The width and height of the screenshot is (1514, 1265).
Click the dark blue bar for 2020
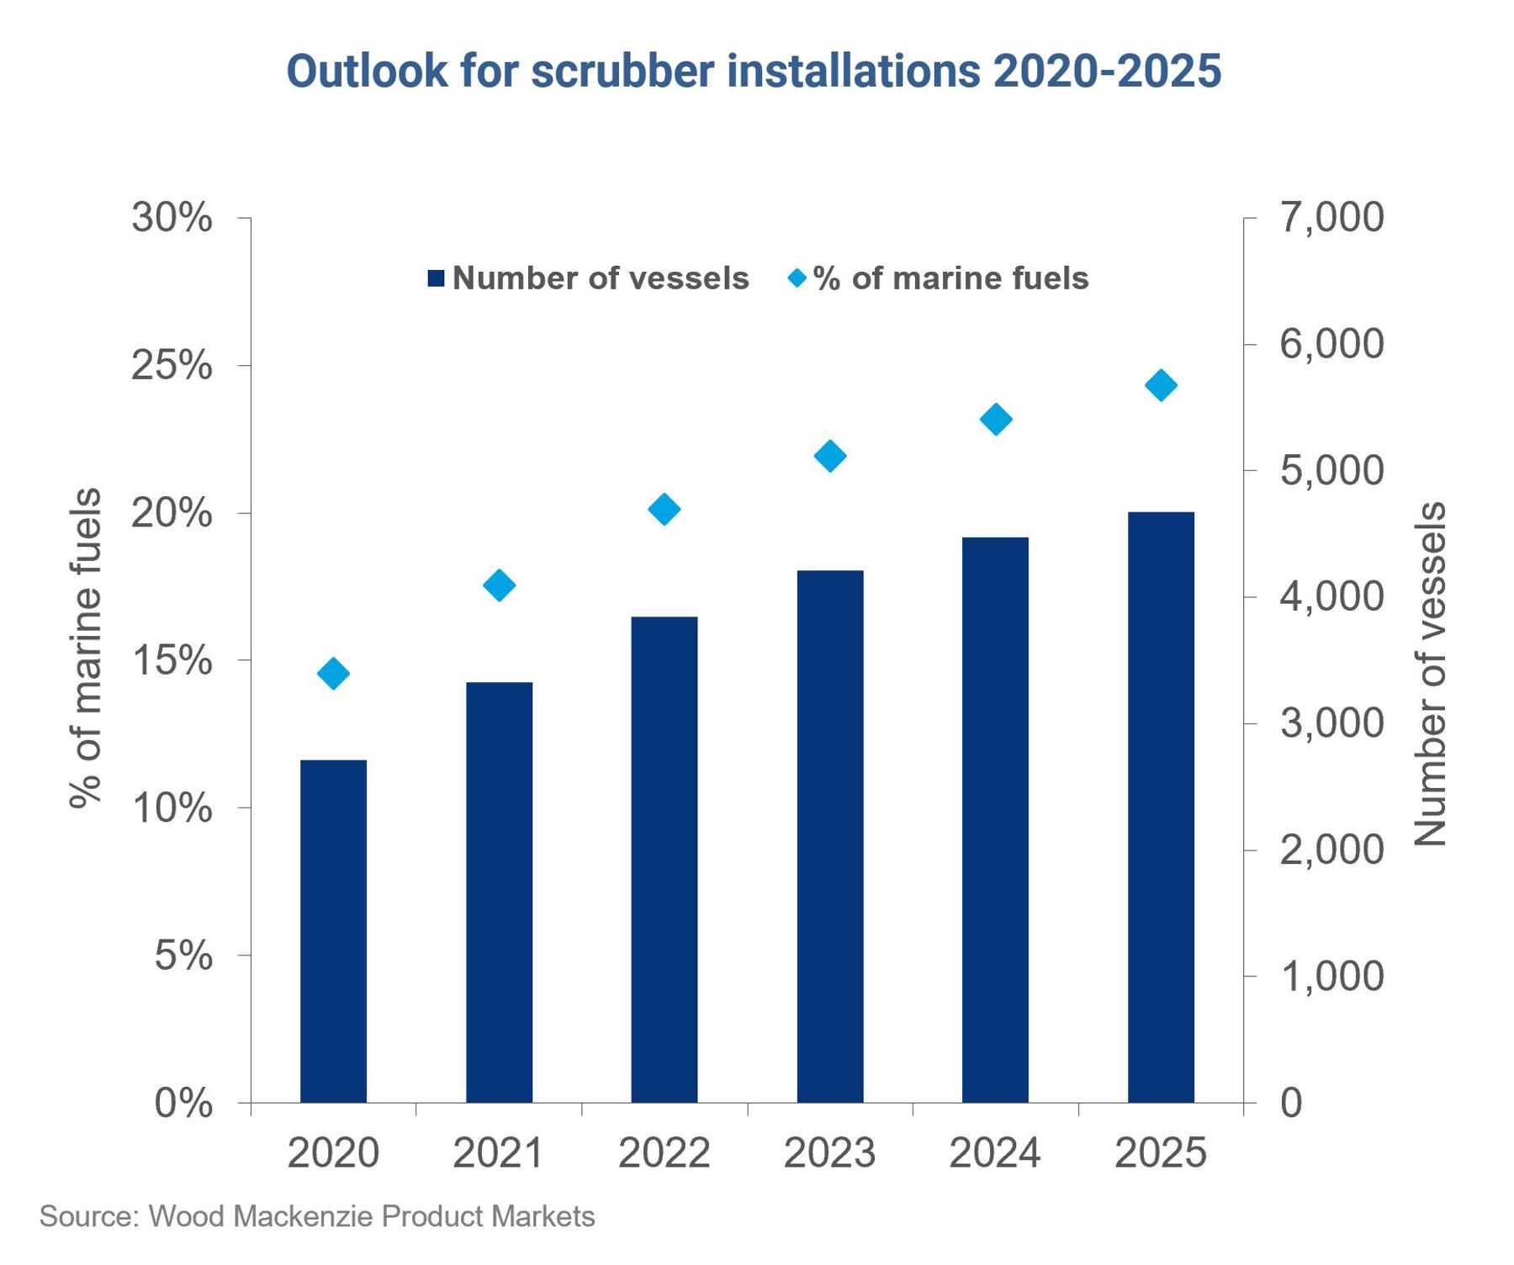(333, 930)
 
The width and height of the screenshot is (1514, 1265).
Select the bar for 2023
(830, 836)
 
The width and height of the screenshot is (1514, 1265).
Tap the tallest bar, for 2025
(1161, 807)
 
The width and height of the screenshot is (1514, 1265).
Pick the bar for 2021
(499, 892)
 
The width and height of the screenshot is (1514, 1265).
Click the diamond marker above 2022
(664, 509)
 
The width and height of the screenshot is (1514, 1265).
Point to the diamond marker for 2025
(1161, 385)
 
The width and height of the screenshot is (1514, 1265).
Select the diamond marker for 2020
(333, 673)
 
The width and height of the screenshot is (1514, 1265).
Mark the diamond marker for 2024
(996, 419)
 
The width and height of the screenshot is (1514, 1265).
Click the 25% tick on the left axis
(172, 366)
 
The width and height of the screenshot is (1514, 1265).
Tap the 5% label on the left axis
(183, 956)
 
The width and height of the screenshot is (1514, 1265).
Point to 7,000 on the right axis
(1331, 218)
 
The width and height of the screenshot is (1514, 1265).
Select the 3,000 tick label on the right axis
(1331, 723)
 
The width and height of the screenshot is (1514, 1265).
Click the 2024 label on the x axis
(995, 1152)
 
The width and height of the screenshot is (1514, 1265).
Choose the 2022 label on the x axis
(664, 1152)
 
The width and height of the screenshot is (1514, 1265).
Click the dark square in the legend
(436, 278)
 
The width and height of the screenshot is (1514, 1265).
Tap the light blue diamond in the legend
(797, 278)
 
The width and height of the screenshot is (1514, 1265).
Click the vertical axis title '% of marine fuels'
(86, 648)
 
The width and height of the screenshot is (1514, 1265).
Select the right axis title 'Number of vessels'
(1430, 673)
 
